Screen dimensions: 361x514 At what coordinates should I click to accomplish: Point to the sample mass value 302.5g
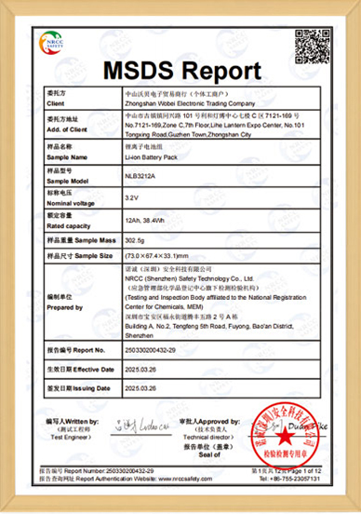coord(137,241)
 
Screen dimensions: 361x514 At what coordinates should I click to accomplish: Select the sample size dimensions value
coord(158,254)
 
